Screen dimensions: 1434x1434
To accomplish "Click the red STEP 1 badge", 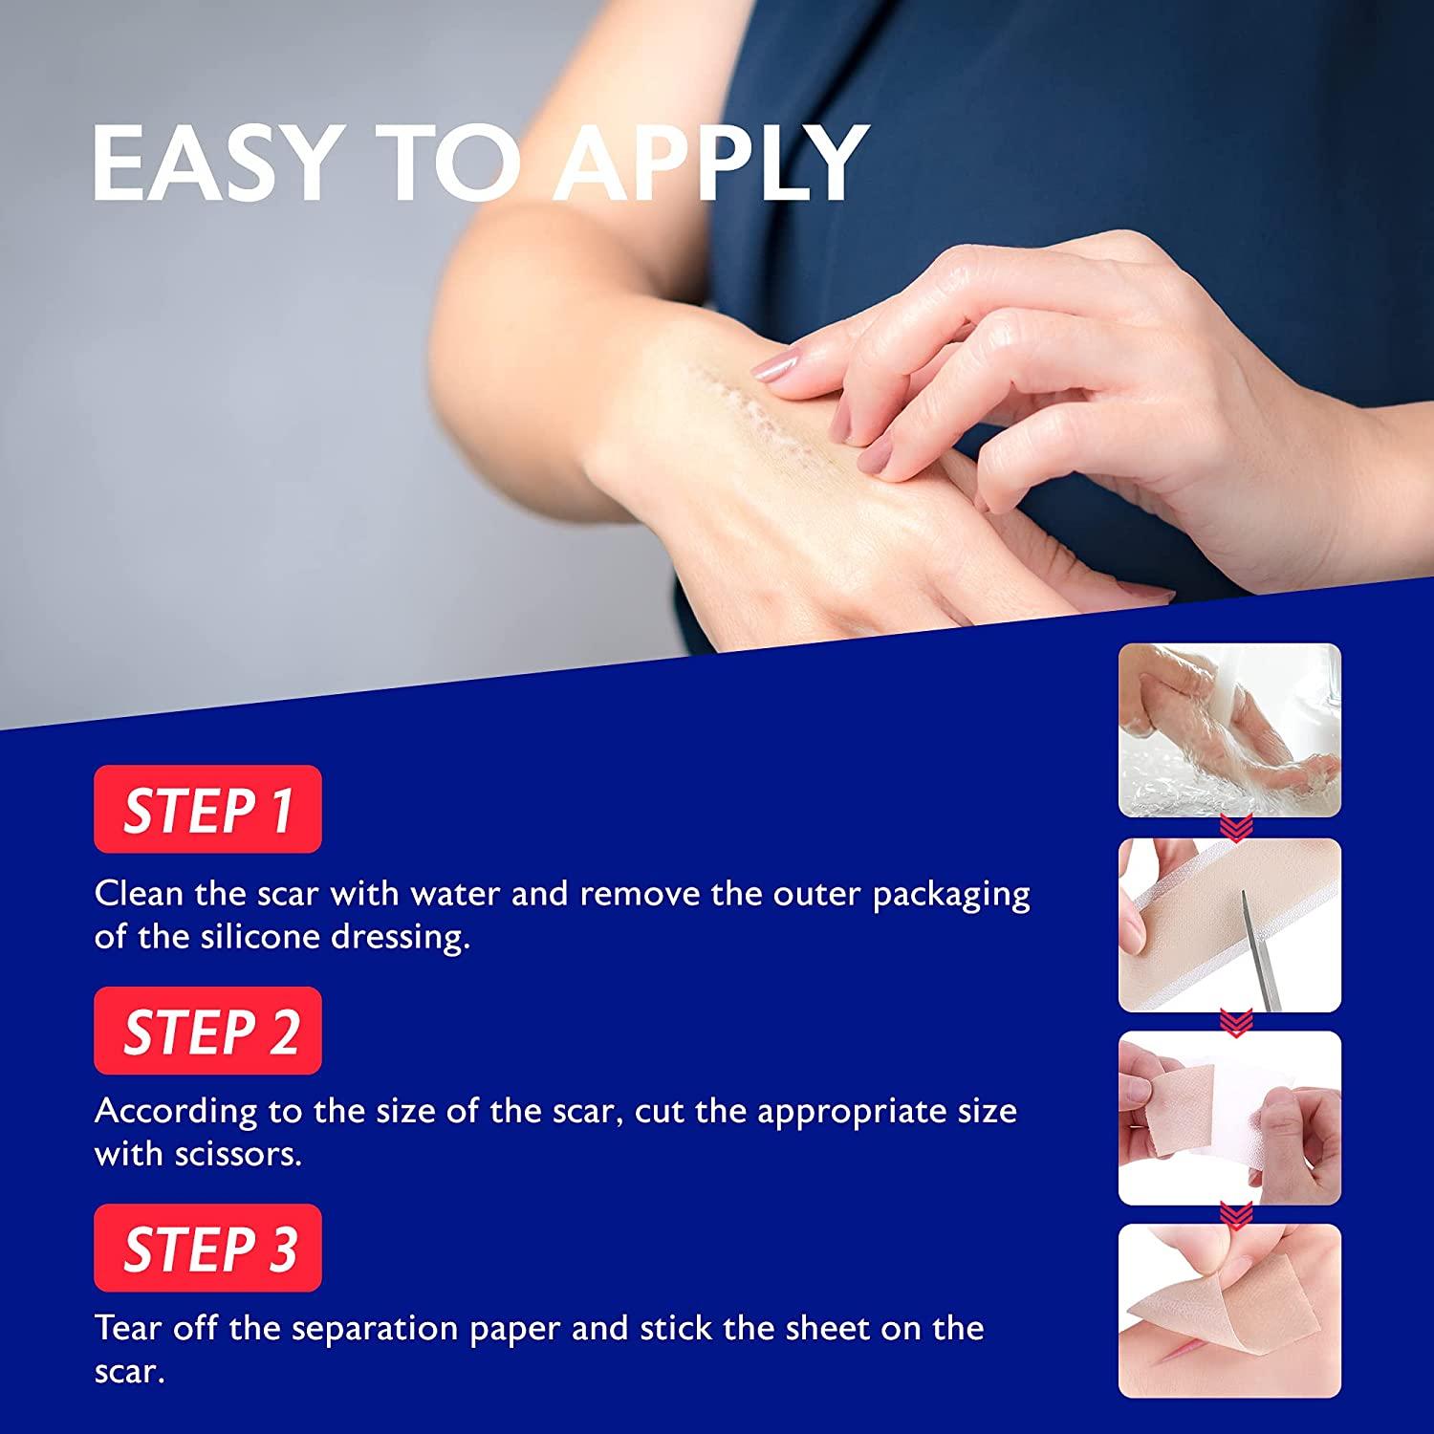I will pos(207,809).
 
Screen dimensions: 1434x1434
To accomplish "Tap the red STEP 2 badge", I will pos(207,1031).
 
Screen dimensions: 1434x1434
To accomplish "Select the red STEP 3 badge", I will pos(207,1248).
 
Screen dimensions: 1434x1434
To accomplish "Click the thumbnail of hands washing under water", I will pos(1229,730).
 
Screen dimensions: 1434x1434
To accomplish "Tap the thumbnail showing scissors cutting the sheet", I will pos(1229,925).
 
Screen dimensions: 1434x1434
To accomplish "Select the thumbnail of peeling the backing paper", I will pos(1229,1118).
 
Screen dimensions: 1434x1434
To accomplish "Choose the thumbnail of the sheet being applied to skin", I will pos(1229,1311).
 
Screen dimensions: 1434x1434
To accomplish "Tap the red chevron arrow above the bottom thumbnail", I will pos(1230,1215).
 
